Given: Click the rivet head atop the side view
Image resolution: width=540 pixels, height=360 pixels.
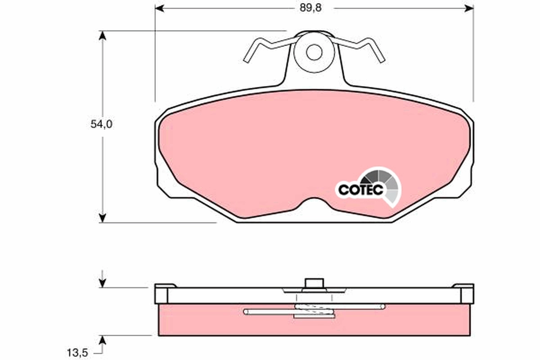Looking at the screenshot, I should tap(314, 283).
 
